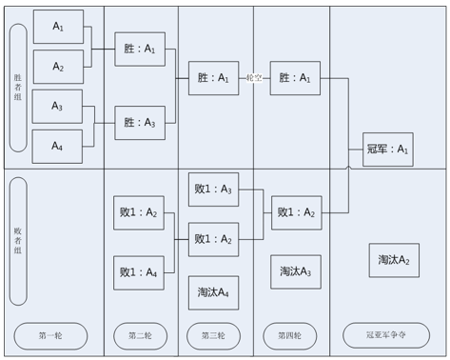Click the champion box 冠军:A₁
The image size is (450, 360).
(x=388, y=150)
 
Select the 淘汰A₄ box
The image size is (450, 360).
(x=213, y=292)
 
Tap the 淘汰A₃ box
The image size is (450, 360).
(x=296, y=271)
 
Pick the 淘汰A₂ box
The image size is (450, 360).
(x=394, y=260)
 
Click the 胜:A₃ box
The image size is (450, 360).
(x=140, y=123)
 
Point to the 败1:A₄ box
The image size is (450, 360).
(x=139, y=273)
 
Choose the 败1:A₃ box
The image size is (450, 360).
(x=213, y=190)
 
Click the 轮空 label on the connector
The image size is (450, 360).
(x=254, y=78)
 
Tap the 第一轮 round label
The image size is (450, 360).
(x=50, y=336)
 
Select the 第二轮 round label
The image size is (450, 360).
(x=140, y=336)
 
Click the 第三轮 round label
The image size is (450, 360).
(x=213, y=336)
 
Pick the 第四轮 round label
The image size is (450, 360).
(x=290, y=336)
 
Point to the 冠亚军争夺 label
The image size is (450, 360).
(x=386, y=335)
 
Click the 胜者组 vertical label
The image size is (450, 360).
(x=18, y=88)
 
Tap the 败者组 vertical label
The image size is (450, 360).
(x=18, y=241)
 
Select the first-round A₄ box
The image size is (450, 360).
(x=57, y=147)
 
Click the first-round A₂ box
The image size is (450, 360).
(x=58, y=67)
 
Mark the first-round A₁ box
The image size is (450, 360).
(x=58, y=27)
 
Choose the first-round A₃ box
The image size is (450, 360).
(x=57, y=107)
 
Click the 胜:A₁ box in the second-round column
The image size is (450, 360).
(x=140, y=50)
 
